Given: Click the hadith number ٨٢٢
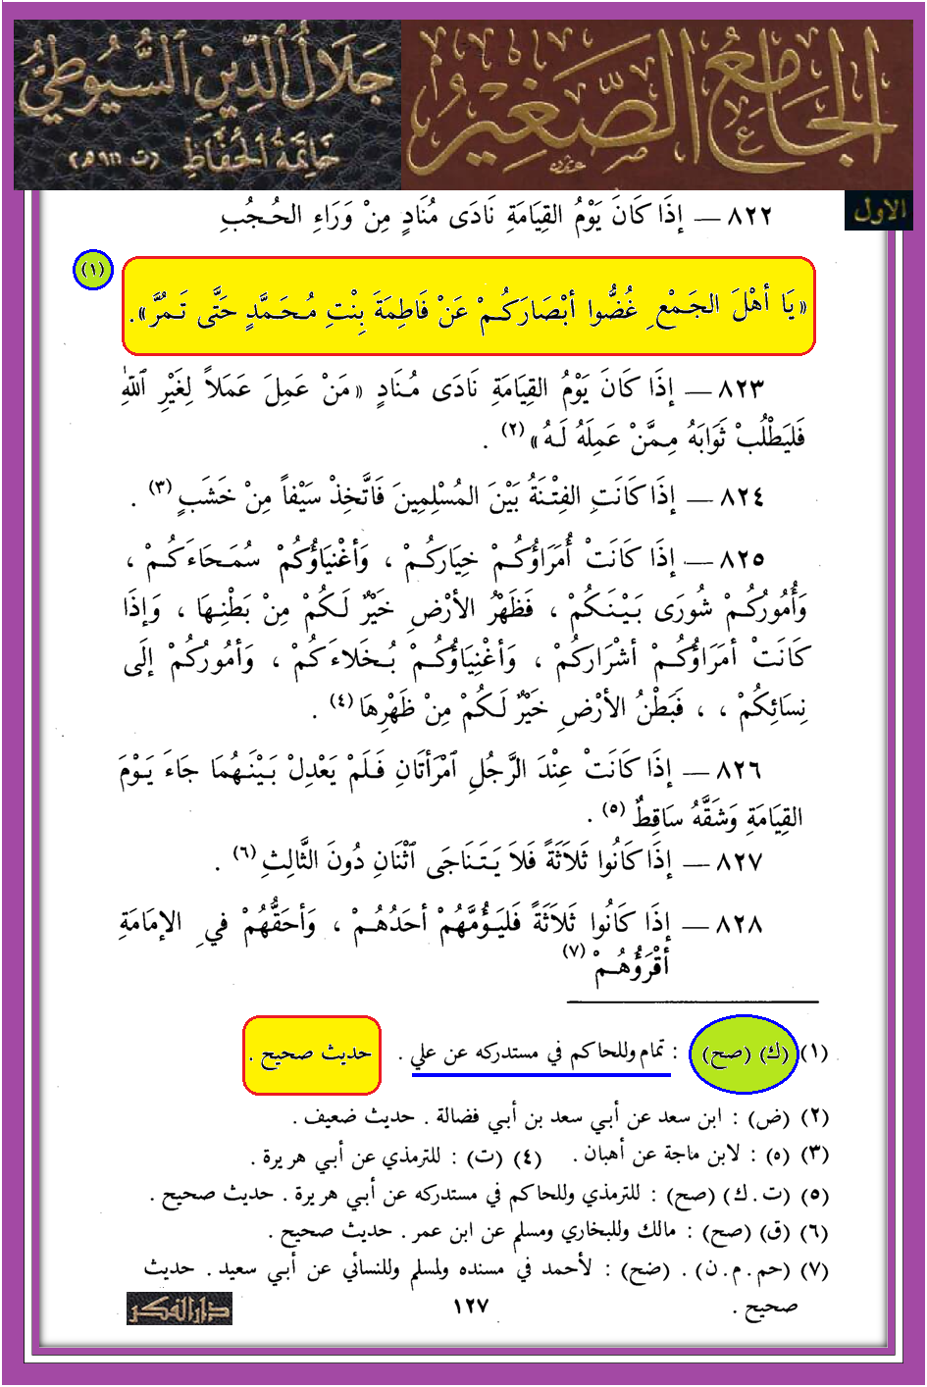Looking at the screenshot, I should coord(748,215).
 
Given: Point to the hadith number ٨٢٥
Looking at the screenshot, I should coord(742,560).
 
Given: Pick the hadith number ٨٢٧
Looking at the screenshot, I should coord(740,862).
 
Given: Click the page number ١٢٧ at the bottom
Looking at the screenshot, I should coord(471,1306).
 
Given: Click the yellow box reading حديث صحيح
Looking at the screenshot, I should coord(311,1054).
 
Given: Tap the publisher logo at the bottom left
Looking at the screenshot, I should coord(180,1309).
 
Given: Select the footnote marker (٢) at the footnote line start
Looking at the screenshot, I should coord(815,1116).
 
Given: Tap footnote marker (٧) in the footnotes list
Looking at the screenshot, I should coord(815,1270).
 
